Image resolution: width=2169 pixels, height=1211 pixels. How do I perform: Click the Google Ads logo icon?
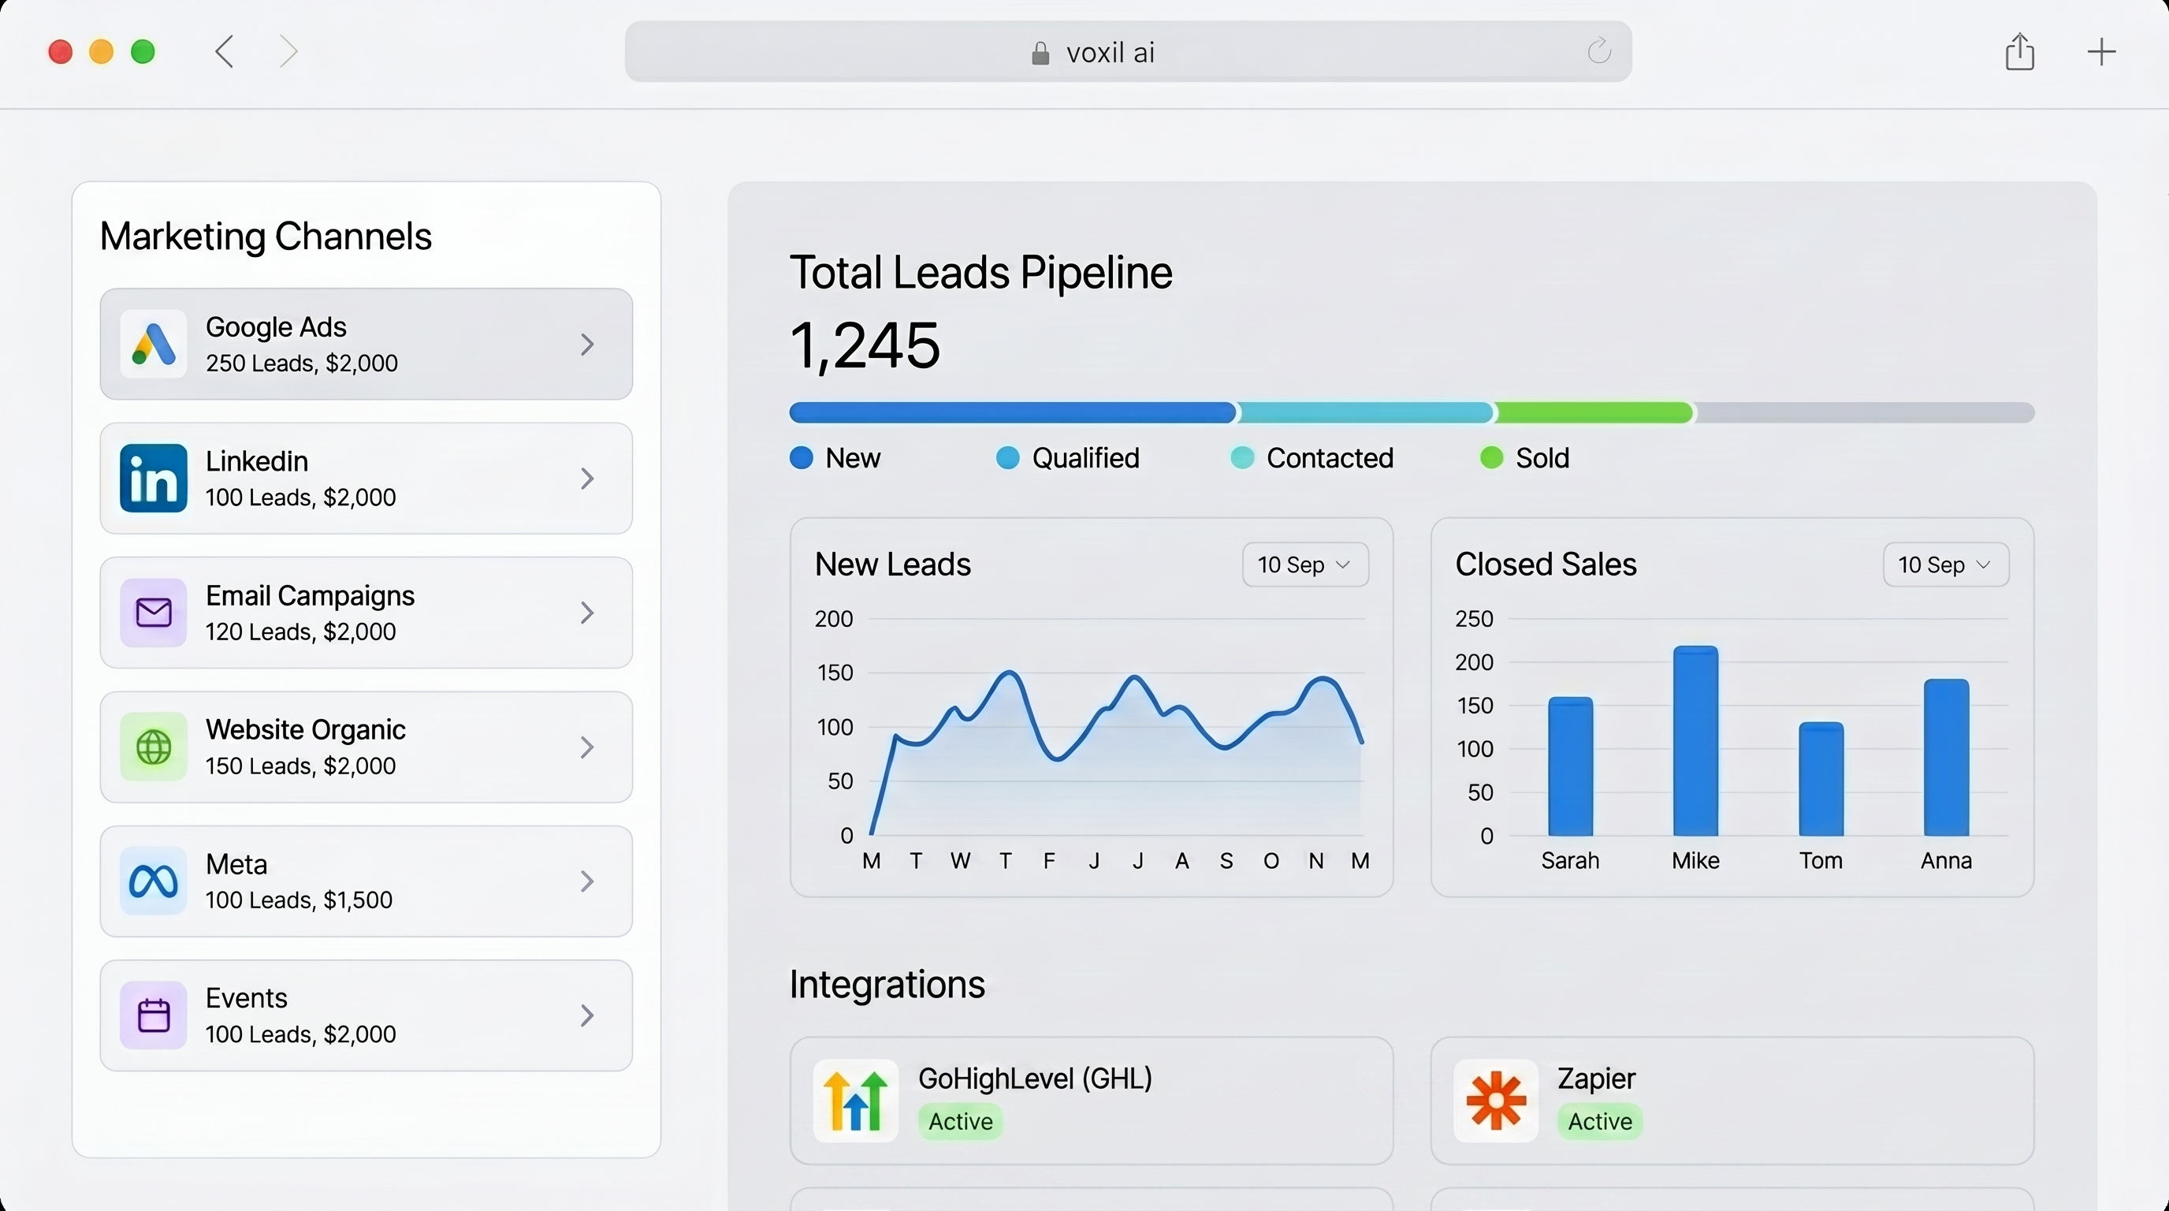tap(153, 344)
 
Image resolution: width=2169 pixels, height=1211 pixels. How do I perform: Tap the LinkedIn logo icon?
tap(153, 479)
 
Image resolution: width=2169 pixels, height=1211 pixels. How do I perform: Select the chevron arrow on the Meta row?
tap(587, 881)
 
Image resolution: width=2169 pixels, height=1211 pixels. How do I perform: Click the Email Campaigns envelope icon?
tap(153, 613)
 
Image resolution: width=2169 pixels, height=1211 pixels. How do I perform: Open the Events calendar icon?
tap(153, 1015)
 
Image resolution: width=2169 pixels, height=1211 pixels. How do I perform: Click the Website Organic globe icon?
tap(153, 747)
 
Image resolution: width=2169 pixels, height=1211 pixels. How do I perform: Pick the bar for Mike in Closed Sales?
tap(1695, 741)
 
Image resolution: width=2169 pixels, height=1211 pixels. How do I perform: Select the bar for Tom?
tap(1821, 779)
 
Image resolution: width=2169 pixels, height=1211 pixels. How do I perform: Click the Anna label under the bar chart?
tap(1946, 861)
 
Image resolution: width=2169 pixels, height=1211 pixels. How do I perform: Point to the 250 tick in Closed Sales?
tap(1475, 619)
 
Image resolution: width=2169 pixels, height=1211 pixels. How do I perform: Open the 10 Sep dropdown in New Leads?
tap(1305, 565)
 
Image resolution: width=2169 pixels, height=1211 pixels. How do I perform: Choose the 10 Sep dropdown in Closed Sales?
tap(1946, 565)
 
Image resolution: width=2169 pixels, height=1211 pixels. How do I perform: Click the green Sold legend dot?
tap(1491, 457)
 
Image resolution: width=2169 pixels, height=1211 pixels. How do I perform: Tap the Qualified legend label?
tap(1085, 458)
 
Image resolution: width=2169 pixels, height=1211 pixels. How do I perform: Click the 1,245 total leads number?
tap(865, 345)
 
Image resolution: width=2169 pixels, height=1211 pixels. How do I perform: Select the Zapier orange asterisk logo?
tap(1495, 1101)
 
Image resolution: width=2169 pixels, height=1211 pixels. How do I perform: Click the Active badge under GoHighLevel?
tap(961, 1122)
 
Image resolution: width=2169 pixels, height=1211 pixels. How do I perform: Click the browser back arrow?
tap(224, 52)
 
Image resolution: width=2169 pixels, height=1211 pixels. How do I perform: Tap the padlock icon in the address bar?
tap(1040, 54)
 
